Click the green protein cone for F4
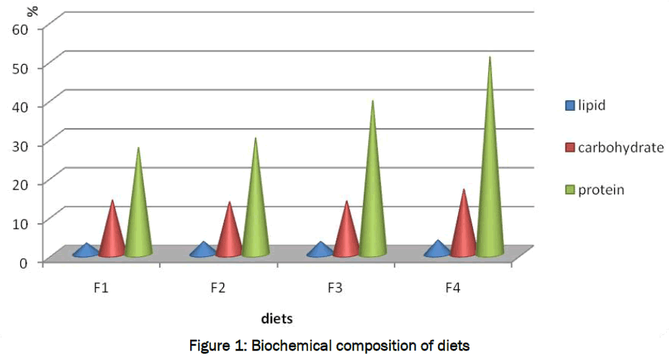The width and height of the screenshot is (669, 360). click(490, 180)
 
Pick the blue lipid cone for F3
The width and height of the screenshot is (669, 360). click(320, 251)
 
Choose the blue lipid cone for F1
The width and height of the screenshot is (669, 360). click(86, 251)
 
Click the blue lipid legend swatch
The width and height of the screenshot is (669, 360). click(570, 106)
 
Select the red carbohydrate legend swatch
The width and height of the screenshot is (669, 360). click(570, 148)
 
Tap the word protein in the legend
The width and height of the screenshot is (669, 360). click(601, 190)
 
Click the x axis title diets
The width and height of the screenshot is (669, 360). click(277, 317)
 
